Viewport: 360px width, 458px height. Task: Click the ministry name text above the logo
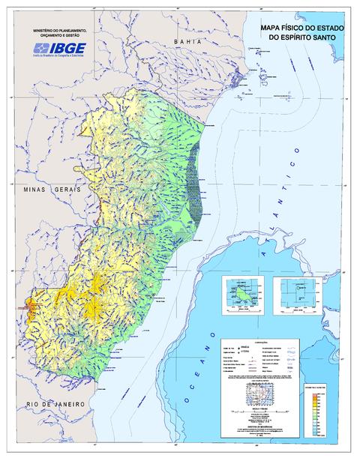(x=57, y=33)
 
